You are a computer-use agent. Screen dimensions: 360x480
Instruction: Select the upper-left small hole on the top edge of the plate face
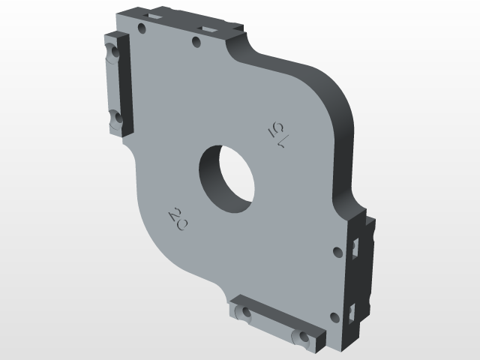[142, 28]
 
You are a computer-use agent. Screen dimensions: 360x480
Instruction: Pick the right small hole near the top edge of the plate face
[196, 43]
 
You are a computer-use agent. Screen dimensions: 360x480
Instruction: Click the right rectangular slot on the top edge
[208, 28]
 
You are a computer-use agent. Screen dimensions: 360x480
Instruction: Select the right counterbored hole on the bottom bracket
[301, 337]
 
